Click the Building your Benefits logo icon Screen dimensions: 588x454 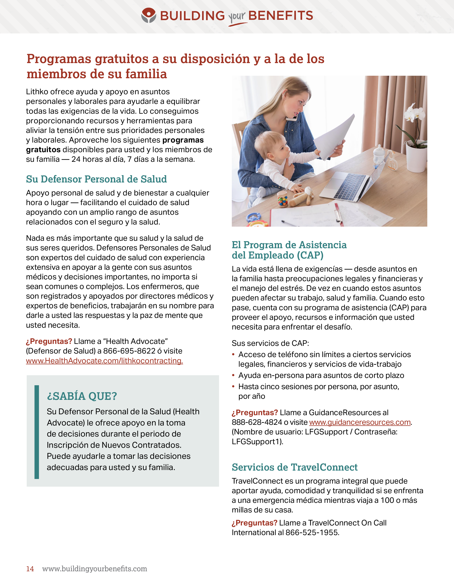tap(148, 15)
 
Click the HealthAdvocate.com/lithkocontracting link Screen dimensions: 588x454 tap(104, 361)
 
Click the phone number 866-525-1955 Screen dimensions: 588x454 tap(312, 533)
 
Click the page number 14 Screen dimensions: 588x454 tap(30, 569)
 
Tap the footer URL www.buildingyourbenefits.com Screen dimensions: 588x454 tap(95, 569)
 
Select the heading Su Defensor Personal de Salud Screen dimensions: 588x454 tap(96, 179)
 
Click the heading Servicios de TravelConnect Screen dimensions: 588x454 tap(294, 467)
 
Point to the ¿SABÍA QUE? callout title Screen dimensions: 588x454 tap(82, 396)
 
